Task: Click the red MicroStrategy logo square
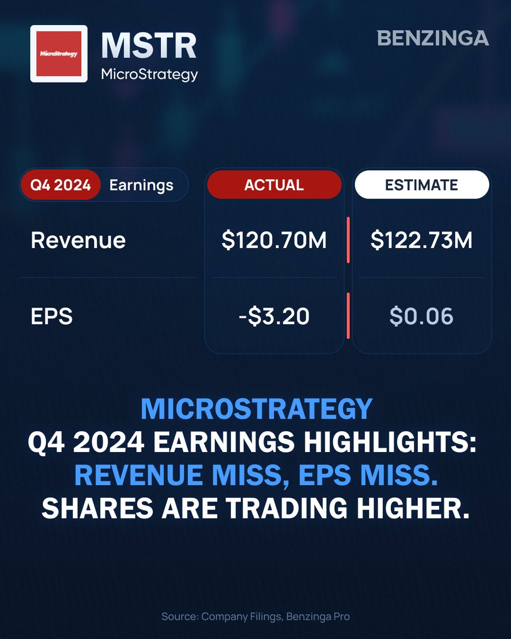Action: pyautogui.click(x=59, y=53)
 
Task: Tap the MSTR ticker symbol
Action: pyautogui.click(x=149, y=46)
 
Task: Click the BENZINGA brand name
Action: pyautogui.click(x=433, y=38)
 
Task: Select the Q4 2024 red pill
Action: pyautogui.click(x=60, y=185)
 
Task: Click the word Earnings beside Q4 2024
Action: pyautogui.click(x=141, y=185)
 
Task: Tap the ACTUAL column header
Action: pyautogui.click(x=274, y=185)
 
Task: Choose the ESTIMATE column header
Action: pyautogui.click(x=422, y=185)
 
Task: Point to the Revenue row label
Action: pyautogui.click(x=78, y=240)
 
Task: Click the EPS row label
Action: pyautogui.click(x=52, y=317)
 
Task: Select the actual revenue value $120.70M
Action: pyautogui.click(x=274, y=240)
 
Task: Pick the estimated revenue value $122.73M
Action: pyautogui.click(x=422, y=240)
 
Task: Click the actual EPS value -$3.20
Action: pyautogui.click(x=274, y=317)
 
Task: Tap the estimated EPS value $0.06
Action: pyautogui.click(x=422, y=317)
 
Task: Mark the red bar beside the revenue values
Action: pyautogui.click(x=348, y=240)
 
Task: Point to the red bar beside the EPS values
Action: pyautogui.click(x=348, y=315)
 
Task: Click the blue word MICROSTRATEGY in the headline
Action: pyautogui.click(x=256, y=409)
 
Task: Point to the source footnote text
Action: pyautogui.click(x=256, y=617)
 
